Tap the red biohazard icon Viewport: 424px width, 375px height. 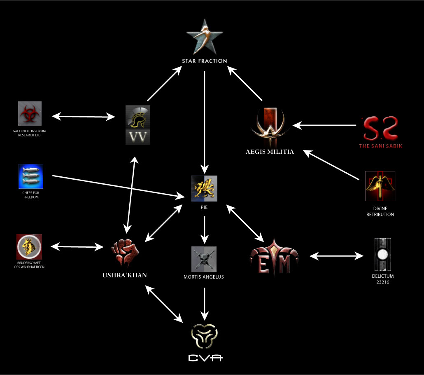pyautogui.click(x=30, y=113)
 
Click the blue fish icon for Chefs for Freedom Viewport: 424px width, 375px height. pyautogui.click(x=31, y=176)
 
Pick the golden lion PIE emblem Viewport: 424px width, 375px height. pyautogui.click(x=204, y=188)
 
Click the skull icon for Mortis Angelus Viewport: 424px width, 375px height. pyautogui.click(x=204, y=259)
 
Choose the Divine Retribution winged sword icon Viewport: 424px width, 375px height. pyautogui.click(x=380, y=186)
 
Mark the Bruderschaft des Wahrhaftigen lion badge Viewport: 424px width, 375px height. pyautogui.click(x=29, y=247)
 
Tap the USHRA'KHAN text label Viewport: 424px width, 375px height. pyautogui.click(x=124, y=275)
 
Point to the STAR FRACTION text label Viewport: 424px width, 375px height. pyautogui.click(x=205, y=61)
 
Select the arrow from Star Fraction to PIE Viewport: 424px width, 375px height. pyautogui.click(x=205, y=120)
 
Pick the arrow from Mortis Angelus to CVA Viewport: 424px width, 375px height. pyautogui.click(x=205, y=303)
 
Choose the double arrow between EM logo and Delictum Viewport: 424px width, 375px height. pyautogui.click(x=337, y=256)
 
